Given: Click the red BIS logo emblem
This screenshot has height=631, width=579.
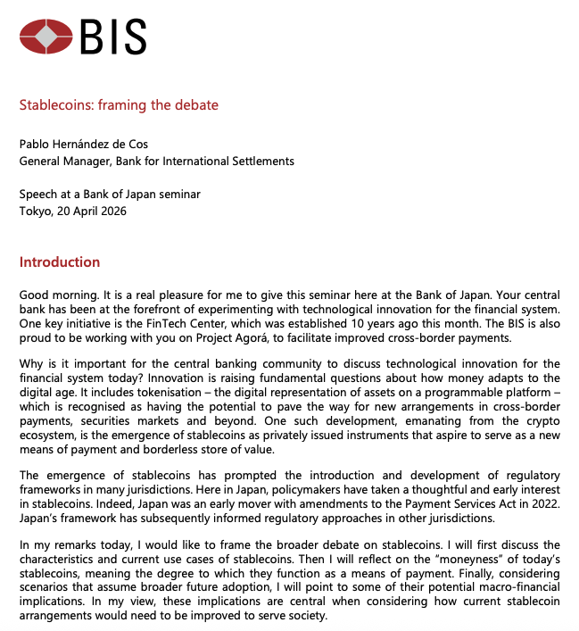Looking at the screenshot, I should (x=45, y=37).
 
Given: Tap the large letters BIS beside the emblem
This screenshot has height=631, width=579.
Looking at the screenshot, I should (x=112, y=37).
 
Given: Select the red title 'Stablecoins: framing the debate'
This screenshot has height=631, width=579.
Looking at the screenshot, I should (x=119, y=105).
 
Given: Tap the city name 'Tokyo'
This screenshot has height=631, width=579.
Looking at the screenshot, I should (x=35, y=212).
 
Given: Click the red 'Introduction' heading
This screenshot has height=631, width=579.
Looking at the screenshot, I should (x=60, y=262).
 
